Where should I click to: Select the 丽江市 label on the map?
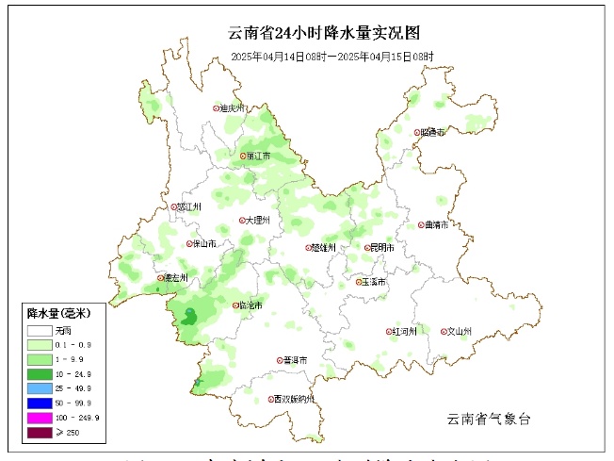click(259, 156)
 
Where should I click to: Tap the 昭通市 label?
click(435, 132)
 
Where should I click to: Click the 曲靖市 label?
click(437, 225)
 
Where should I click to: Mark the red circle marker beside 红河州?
click(389, 332)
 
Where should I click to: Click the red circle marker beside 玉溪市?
click(360, 282)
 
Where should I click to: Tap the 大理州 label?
click(258, 221)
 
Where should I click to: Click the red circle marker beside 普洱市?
click(279, 360)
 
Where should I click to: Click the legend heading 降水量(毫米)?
click(58, 313)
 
